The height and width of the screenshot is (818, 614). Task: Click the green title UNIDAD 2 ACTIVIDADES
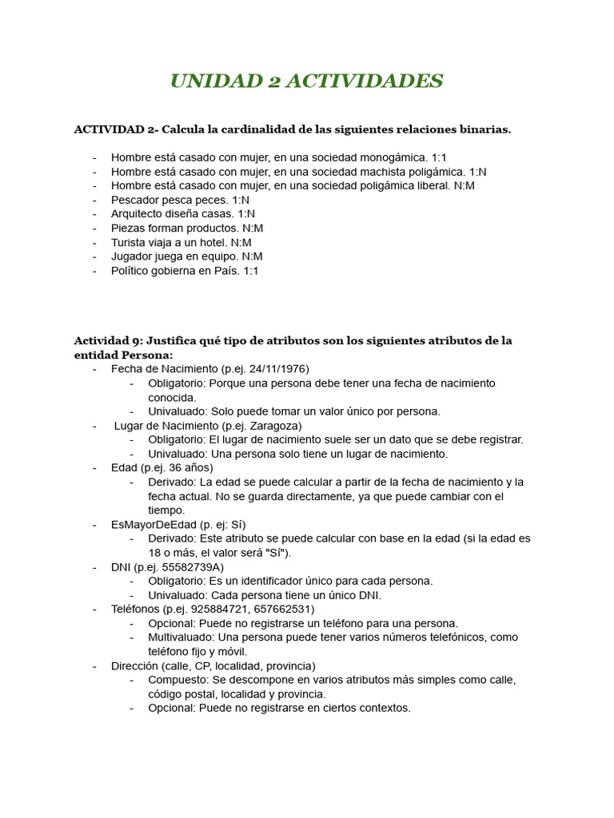pyautogui.click(x=306, y=81)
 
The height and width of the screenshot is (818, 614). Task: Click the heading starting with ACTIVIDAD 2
pyautogui.click(x=292, y=129)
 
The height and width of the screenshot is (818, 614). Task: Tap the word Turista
pyautogui.click(x=129, y=242)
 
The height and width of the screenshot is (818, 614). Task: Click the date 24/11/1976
pyautogui.click(x=277, y=369)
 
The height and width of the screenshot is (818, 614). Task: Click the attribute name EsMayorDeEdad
pyautogui.click(x=153, y=525)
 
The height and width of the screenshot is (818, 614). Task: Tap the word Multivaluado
pyautogui.click(x=181, y=637)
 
